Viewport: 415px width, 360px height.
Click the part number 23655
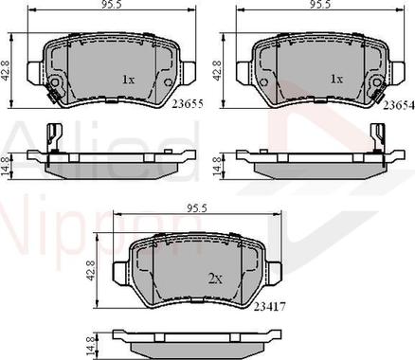(187, 103)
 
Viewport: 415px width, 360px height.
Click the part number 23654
(399, 106)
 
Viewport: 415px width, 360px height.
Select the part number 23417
(270, 306)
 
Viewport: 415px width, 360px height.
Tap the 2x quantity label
(215, 279)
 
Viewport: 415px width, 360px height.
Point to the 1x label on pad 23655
(129, 80)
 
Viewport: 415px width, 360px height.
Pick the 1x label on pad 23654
(336, 79)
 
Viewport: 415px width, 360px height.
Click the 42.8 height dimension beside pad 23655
(6, 69)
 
